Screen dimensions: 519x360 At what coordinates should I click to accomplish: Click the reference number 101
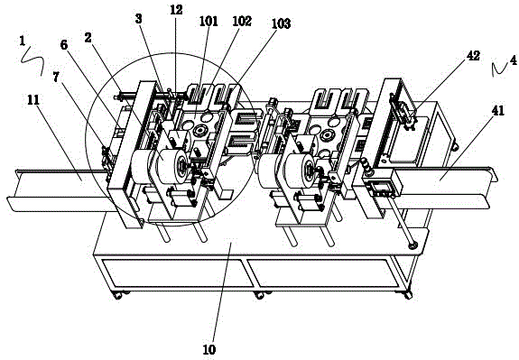(209, 21)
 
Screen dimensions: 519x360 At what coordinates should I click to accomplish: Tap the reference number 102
(242, 21)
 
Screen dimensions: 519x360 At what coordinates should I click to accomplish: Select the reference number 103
(281, 23)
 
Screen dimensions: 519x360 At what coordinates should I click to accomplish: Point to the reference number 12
(176, 10)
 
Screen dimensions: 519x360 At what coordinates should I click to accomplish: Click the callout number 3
(139, 19)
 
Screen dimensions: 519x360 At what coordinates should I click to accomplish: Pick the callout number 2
(88, 38)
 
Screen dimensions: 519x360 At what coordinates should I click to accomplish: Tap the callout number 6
(64, 44)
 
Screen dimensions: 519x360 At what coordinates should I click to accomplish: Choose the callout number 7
(56, 77)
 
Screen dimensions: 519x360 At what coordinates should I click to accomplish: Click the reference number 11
(33, 99)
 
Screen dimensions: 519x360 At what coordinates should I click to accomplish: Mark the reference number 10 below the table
(209, 349)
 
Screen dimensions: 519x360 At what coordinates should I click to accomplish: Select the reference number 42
(473, 56)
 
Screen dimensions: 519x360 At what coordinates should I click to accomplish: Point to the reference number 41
(498, 111)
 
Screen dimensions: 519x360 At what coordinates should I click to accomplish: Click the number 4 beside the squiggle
(513, 60)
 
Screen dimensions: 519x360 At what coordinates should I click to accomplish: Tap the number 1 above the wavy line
(23, 41)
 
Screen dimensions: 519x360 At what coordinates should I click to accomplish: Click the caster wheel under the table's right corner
(407, 294)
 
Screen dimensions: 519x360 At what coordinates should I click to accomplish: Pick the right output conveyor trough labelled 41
(442, 186)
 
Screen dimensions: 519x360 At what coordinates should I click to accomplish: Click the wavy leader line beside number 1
(32, 60)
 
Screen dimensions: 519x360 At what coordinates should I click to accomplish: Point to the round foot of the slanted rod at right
(413, 245)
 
